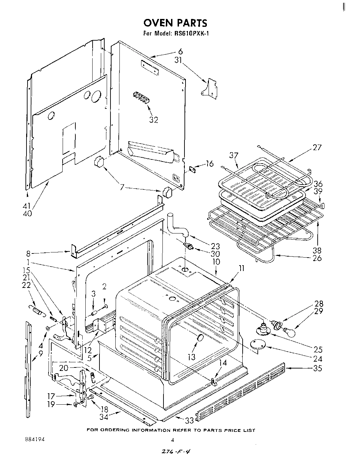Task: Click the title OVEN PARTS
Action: click(x=175, y=23)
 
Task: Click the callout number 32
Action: click(x=153, y=120)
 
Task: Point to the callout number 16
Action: click(x=209, y=164)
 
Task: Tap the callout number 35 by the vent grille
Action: click(x=317, y=368)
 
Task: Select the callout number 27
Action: click(x=317, y=147)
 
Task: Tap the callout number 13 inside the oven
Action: click(x=191, y=357)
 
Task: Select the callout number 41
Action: click(x=27, y=206)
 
